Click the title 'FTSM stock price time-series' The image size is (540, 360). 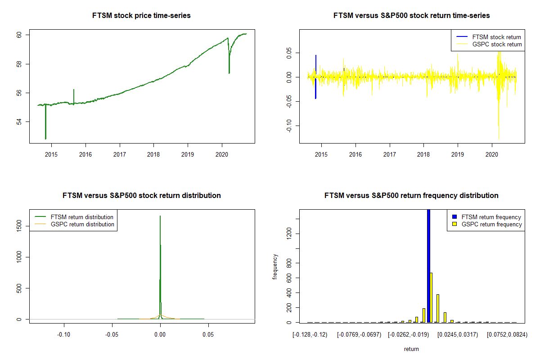point(142,16)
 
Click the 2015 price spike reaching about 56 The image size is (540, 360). point(74,90)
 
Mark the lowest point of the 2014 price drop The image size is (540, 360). point(45,139)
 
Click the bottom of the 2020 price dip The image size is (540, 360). point(229,73)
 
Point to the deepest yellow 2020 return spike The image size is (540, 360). point(499,139)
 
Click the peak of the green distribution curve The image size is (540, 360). point(160,216)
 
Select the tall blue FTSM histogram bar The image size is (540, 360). point(428,265)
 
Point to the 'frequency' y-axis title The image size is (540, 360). point(275,267)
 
